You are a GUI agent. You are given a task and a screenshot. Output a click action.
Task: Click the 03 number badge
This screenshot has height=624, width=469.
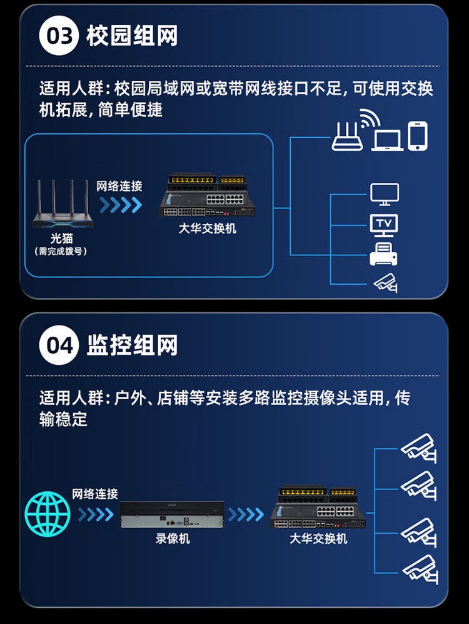coord(59,36)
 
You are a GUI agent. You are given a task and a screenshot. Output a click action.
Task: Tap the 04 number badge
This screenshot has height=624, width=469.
coord(59,345)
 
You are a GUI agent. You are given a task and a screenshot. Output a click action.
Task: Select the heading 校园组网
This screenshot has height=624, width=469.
coord(132,36)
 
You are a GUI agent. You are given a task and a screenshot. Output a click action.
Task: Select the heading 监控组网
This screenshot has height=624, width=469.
coord(132,345)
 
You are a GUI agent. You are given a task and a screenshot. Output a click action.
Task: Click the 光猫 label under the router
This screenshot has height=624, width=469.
coord(62,238)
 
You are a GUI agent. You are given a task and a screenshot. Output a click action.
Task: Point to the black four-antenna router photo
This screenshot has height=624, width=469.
coord(63,204)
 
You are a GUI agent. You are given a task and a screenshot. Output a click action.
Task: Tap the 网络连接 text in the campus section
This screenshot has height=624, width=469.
coord(119,186)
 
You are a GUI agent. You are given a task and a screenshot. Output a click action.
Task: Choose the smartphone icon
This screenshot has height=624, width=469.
coord(418,136)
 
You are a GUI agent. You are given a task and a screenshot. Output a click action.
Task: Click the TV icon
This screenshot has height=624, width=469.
coord(384,225)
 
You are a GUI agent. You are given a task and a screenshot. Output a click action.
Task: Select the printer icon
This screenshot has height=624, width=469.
coord(383,254)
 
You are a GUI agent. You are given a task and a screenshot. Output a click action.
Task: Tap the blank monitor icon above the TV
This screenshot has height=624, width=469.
coord(385,195)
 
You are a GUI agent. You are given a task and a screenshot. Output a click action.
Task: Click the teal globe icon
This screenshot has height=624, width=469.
coord(48,514)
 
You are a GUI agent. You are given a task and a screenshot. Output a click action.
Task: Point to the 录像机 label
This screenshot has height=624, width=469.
coord(173,538)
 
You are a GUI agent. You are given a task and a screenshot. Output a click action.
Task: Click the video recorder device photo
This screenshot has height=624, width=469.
coord(172,514)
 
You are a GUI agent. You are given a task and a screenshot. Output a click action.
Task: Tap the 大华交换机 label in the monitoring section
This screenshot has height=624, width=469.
coord(318,538)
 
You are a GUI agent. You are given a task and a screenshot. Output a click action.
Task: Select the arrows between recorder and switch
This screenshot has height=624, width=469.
coord(246,514)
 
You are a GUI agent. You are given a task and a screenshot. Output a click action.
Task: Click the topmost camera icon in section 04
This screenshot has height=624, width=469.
coord(418,448)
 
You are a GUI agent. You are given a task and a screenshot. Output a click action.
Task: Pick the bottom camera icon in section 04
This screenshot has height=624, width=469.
coord(420,570)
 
